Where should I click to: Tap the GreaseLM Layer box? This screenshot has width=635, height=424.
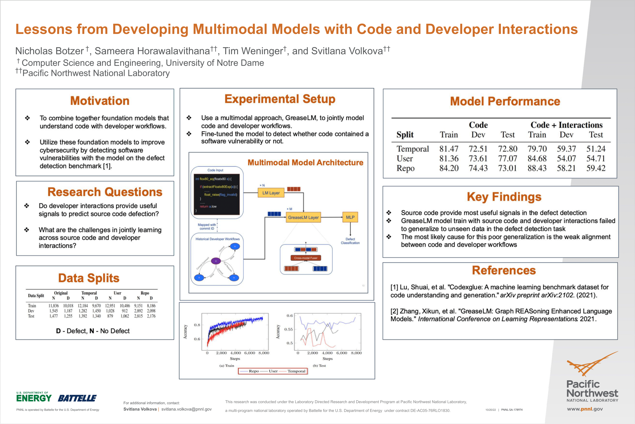coord(303,217)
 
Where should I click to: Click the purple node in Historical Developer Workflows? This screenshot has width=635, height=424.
coord(216,261)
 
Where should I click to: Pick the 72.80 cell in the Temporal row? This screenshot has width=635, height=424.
coord(508,149)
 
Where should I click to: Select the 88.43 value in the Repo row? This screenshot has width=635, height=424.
coord(537,168)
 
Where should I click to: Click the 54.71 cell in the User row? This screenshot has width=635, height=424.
coord(596,158)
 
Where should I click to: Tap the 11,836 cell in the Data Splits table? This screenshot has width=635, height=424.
coord(54,306)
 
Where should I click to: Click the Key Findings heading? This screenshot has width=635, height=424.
coord(504,197)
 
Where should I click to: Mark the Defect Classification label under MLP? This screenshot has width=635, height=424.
coord(350,241)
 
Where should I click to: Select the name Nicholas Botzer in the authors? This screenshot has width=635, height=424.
coord(50,51)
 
